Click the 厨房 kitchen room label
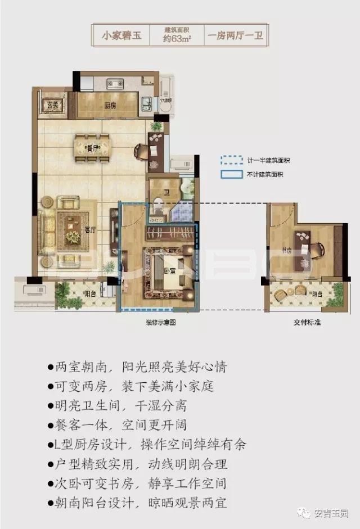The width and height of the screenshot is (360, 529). point(110,105)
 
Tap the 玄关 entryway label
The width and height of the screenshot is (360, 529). point(53,104)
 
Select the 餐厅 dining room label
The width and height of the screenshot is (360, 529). point(92,148)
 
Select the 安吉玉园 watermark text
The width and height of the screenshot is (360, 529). point(331,513)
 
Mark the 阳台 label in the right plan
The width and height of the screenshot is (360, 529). point(317,293)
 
